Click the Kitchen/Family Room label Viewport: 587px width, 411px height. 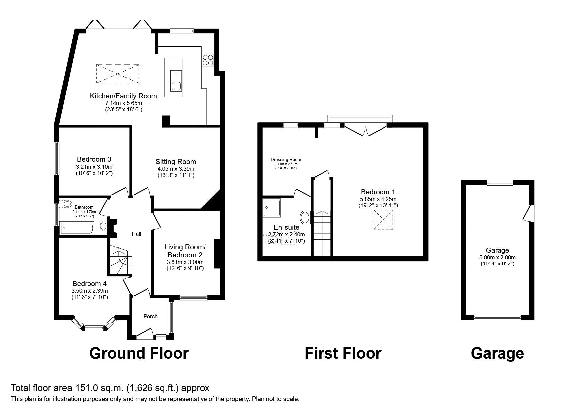click(x=123, y=96)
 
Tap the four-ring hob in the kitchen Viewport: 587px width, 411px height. click(x=208, y=60)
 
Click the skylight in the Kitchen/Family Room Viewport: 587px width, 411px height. click(x=117, y=74)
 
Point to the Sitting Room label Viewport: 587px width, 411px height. click(x=176, y=162)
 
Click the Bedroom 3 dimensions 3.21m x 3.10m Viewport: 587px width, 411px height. click(x=94, y=167)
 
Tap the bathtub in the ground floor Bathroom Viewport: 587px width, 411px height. click(x=77, y=228)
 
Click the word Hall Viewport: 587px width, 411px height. click(x=136, y=234)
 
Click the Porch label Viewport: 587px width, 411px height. click(x=150, y=316)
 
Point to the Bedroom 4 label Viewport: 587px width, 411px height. click(x=89, y=284)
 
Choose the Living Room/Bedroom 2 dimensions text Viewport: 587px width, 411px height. click(x=185, y=262)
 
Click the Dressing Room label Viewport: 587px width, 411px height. click(x=286, y=160)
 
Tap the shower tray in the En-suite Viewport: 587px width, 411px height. click(x=271, y=208)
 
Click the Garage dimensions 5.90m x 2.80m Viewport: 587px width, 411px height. click(x=497, y=257)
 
